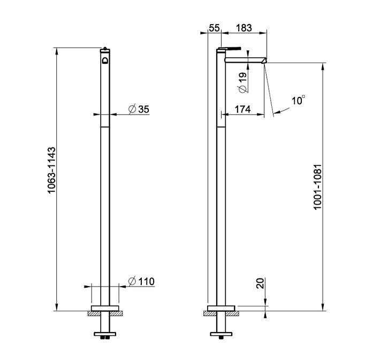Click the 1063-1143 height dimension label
(x=52, y=170)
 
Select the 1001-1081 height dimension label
(x=317, y=187)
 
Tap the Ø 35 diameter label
(x=139, y=109)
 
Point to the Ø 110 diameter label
(x=141, y=281)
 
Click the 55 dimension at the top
(x=214, y=28)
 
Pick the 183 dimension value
(x=244, y=28)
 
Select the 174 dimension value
(x=243, y=109)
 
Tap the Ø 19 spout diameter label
(x=242, y=82)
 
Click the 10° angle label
(x=299, y=100)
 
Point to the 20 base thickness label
(x=261, y=283)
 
